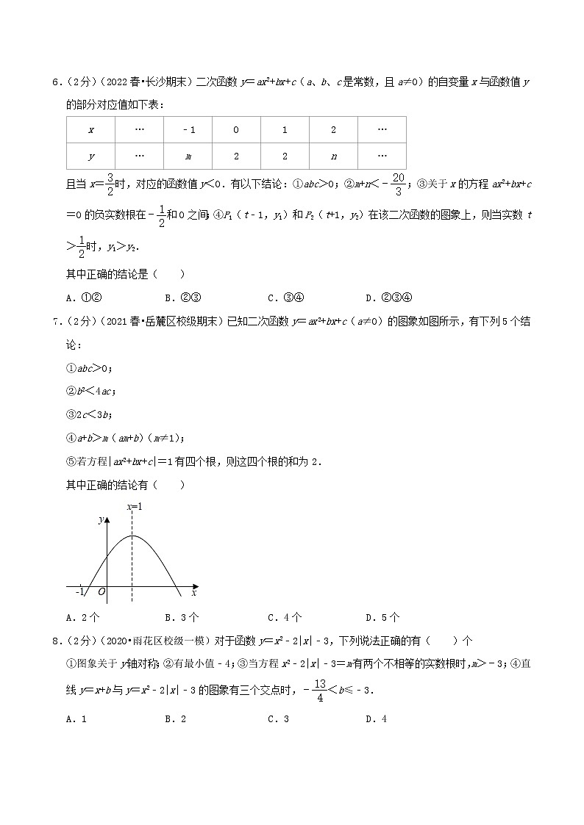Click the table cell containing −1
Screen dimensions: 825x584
click(x=188, y=130)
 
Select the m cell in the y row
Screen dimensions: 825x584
click(x=188, y=156)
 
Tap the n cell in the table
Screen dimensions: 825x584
click(x=333, y=156)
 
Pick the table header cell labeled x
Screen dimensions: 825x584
click(x=90, y=130)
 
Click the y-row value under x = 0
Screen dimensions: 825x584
click(x=236, y=156)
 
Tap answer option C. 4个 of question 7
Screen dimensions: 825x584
click(x=285, y=617)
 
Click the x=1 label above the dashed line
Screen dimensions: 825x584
click(x=134, y=507)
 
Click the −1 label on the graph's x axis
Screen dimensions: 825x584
click(x=81, y=591)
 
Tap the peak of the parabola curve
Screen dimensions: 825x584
click(x=133, y=536)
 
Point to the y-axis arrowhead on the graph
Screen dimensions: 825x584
click(x=107, y=519)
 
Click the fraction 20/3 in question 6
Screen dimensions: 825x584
click(x=419, y=184)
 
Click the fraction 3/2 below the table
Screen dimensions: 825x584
click(x=109, y=184)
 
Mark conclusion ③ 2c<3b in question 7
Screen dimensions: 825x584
click(x=89, y=414)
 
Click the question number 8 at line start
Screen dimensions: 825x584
click(x=56, y=641)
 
